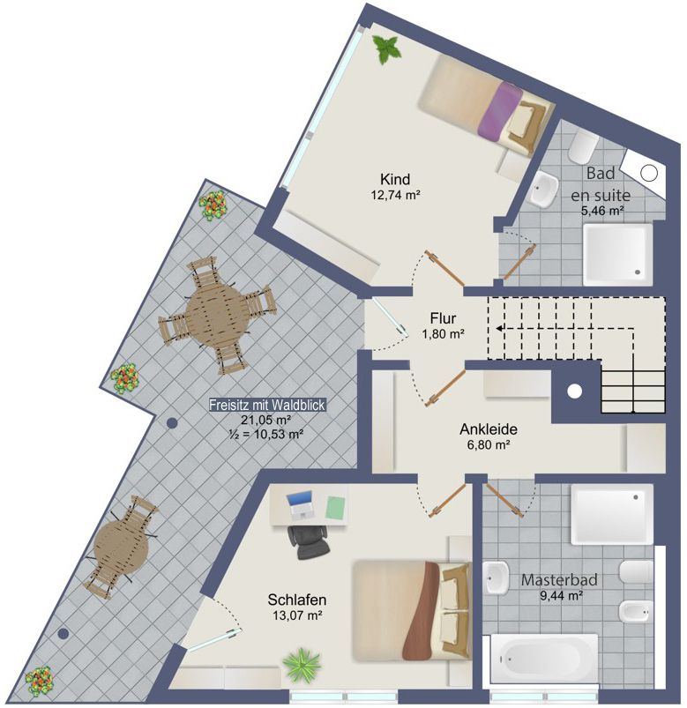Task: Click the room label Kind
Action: point(395,179)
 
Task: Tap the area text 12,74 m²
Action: point(396,195)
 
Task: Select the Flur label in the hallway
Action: point(443,318)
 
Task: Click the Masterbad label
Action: point(559,580)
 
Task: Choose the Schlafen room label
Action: point(296,600)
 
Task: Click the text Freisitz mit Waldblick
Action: point(267,405)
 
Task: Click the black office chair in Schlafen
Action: point(309,541)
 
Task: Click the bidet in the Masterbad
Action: point(636,612)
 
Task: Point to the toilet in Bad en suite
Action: point(583,148)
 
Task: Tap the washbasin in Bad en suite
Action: point(544,188)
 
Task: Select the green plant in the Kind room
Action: point(386,49)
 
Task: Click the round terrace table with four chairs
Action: point(217,315)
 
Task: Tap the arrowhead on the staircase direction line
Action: point(500,328)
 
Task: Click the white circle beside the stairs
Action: point(574,391)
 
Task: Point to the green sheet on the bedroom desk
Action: point(336,506)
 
